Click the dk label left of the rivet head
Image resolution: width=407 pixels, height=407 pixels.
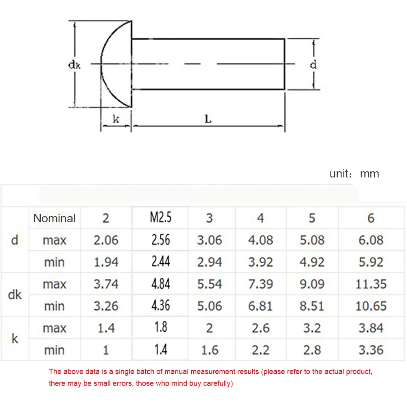point(74,64)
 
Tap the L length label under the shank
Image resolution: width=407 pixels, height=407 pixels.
point(208,119)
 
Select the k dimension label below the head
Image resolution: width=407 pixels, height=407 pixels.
point(116,119)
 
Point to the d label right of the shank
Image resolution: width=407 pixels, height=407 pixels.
point(313,64)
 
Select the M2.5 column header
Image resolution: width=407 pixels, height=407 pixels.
point(160,218)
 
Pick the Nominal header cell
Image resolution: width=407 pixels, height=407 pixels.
point(55,218)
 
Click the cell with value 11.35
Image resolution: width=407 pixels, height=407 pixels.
point(371,284)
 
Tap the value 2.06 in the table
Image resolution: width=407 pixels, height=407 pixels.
point(106,240)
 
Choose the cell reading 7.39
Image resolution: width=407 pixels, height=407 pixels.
point(260,284)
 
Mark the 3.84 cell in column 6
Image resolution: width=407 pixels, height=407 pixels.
point(371,328)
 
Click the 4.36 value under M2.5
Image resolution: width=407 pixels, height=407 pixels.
point(160,306)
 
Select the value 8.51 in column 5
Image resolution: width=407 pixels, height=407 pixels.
point(312,306)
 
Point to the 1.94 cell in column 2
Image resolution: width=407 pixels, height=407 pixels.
point(106,262)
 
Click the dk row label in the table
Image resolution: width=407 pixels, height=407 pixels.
point(15,295)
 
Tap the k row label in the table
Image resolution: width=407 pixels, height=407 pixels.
point(15,339)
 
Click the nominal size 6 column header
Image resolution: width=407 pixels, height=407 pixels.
point(371,218)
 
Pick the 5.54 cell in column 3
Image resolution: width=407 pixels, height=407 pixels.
point(210,284)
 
